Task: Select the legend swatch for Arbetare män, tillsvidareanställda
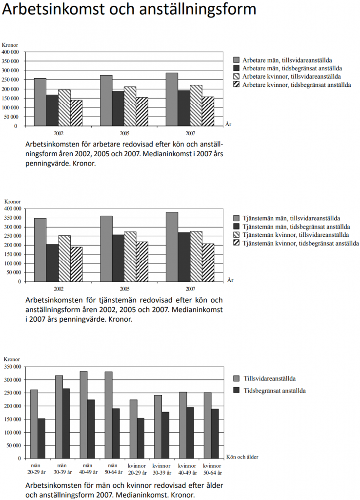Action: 237,60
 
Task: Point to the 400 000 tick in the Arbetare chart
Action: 11,52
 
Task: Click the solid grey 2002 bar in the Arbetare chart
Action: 40,102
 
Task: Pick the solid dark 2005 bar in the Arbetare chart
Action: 118,109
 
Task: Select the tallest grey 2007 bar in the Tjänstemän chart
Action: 172,247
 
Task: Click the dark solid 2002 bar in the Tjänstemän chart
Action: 53,263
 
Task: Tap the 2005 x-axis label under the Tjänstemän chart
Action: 124,289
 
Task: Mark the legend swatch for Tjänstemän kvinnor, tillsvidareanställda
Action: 237,235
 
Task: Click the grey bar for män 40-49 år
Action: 84,415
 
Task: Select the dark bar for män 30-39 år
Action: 66,423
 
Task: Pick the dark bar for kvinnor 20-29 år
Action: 140,438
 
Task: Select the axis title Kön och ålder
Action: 242,457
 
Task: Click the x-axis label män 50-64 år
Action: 113,469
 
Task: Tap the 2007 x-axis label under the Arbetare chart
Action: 190,133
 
